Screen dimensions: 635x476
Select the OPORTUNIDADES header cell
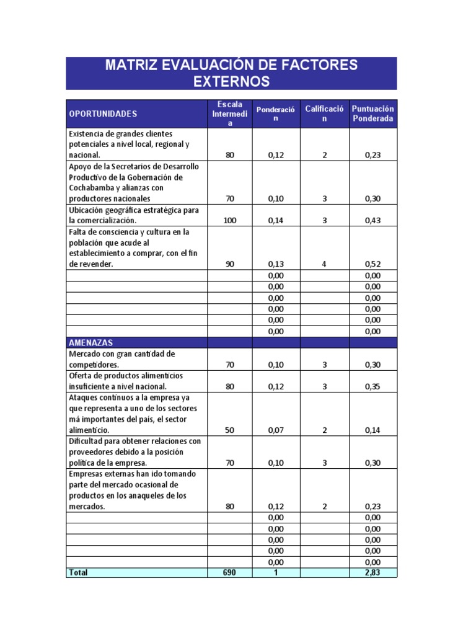(x=103, y=114)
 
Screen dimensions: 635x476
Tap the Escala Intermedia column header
(x=230, y=114)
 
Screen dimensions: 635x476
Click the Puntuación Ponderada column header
(x=372, y=113)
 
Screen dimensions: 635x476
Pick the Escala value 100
(x=230, y=221)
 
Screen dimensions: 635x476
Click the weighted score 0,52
(x=372, y=264)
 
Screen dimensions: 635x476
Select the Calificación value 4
(x=324, y=264)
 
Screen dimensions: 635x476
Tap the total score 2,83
(x=372, y=573)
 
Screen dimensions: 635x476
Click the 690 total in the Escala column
(x=230, y=573)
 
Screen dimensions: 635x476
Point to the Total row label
(x=78, y=573)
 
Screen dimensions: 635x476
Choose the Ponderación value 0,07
(x=276, y=430)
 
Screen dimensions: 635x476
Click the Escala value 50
(x=230, y=430)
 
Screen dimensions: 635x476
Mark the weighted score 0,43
(x=372, y=221)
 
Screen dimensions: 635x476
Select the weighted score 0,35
(x=372, y=387)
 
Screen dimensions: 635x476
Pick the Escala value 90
(x=230, y=264)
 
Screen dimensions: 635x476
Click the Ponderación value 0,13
(x=276, y=264)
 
